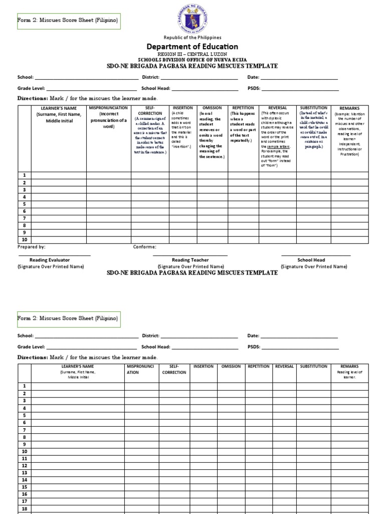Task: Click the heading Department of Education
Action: pos(192,47)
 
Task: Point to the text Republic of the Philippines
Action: pos(192,38)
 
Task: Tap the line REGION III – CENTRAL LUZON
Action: pos(192,54)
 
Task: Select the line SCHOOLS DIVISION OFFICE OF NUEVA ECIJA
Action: pos(192,60)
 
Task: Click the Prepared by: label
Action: pos(32,247)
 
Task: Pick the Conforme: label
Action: pos(144,247)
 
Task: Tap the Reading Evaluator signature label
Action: pos(50,260)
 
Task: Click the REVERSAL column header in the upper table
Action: pos(278,108)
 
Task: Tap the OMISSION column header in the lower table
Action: pos(231,366)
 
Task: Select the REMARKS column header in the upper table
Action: pos(349,108)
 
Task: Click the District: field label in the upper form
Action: pos(150,77)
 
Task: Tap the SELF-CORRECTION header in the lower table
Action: pos(174,369)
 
